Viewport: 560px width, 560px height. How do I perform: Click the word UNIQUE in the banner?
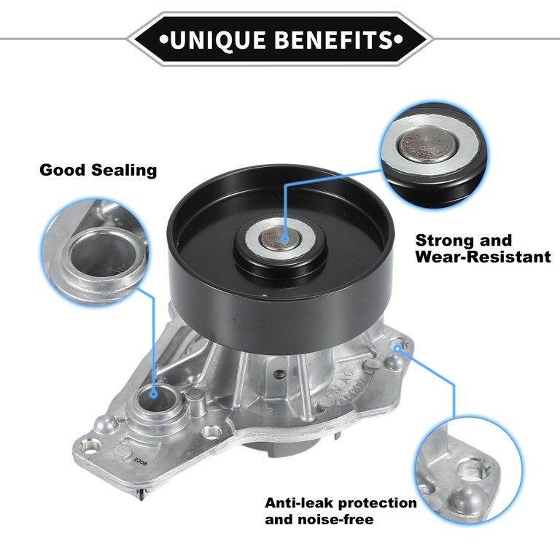(x=217, y=39)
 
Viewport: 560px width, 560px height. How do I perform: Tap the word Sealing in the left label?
(x=124, y=171)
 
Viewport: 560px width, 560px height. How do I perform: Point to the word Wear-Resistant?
(x=483, y=257)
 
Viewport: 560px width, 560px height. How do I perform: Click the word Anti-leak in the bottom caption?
(x=299, y=503)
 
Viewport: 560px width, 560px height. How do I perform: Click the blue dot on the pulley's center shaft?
(x=284, y=238)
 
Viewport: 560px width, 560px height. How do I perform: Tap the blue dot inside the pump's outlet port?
(x=154, y=394)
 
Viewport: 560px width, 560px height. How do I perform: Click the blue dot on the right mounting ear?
(x=397, y=349)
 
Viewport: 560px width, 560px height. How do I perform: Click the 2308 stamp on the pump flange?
(x=140, y=460)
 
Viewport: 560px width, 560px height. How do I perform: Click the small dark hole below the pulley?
(x=280, y=374)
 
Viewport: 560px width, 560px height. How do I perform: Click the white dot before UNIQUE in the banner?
(x=163, y=39)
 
